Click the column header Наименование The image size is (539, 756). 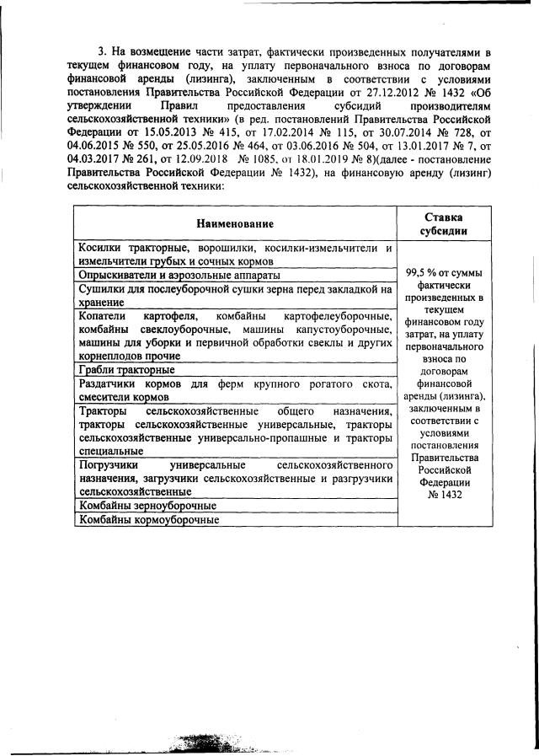(x=235, y=223)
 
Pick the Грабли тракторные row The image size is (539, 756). (x=126, y=370)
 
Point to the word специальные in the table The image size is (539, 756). (x=115, y=451)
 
